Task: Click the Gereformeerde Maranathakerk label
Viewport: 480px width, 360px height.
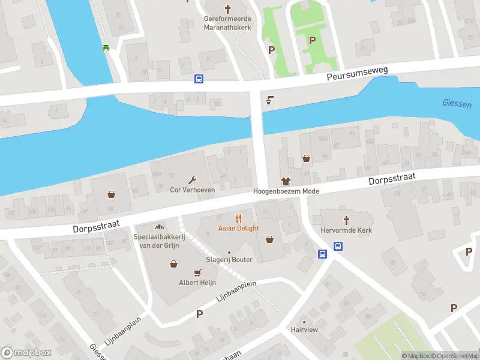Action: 227,23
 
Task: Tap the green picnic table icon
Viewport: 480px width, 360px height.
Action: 106,47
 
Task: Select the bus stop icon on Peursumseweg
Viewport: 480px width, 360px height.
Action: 199,79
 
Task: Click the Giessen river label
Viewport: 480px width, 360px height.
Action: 457,103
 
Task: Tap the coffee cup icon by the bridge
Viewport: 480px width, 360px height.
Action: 269,100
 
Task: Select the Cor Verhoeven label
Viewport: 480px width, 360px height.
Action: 193,190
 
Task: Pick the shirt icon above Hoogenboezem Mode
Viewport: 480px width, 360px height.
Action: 286,181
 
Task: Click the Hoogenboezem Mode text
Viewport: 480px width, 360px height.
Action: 286,191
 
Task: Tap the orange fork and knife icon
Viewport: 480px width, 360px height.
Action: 239,218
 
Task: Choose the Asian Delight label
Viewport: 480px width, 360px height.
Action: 239,228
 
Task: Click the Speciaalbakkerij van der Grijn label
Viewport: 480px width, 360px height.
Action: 159,241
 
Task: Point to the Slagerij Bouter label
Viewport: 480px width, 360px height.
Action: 229,259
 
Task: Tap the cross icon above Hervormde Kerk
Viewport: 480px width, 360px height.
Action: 346,220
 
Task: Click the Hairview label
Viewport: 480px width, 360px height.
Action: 304,329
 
